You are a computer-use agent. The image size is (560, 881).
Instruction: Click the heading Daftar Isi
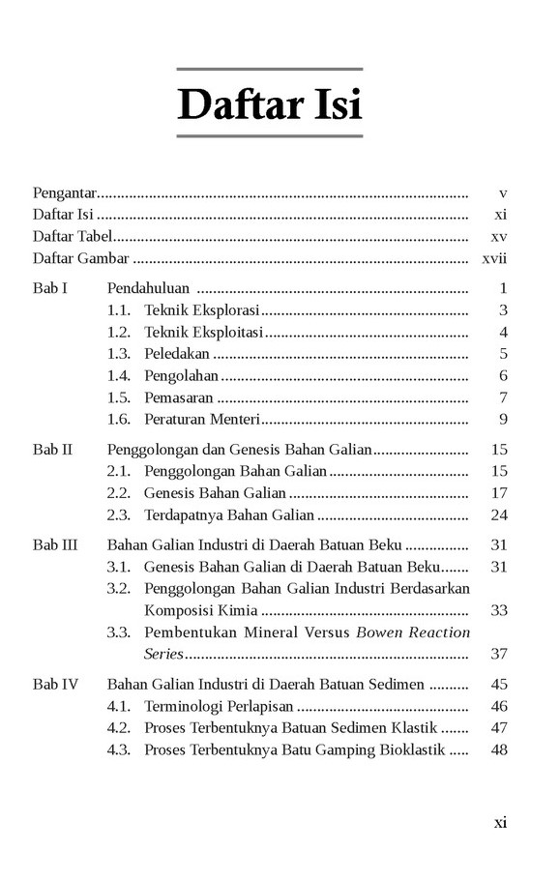(270, 104)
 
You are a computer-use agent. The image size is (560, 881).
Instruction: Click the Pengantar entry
(63, 192)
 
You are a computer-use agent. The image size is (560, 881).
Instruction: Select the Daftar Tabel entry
(73, 236)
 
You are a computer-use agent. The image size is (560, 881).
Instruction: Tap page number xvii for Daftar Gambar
(495, 258)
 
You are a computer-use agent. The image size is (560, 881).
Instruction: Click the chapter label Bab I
(49, 288)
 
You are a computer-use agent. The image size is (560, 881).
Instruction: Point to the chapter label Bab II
(52, 449)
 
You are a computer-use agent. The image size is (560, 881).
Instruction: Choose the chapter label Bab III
(55, 544)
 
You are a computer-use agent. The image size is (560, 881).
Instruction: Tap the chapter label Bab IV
(55, 685)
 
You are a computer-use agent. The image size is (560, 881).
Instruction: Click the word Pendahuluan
(147, 288)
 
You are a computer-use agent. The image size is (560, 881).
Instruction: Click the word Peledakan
(176, 354)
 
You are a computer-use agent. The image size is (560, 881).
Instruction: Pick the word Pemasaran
(178, 397)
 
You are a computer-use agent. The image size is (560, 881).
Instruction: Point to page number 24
(499, 514)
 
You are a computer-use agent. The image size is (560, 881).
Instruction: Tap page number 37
(499, 654)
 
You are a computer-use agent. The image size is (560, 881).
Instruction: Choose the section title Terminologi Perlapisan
(219, 706)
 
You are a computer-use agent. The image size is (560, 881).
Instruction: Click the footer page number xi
(500, 823)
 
